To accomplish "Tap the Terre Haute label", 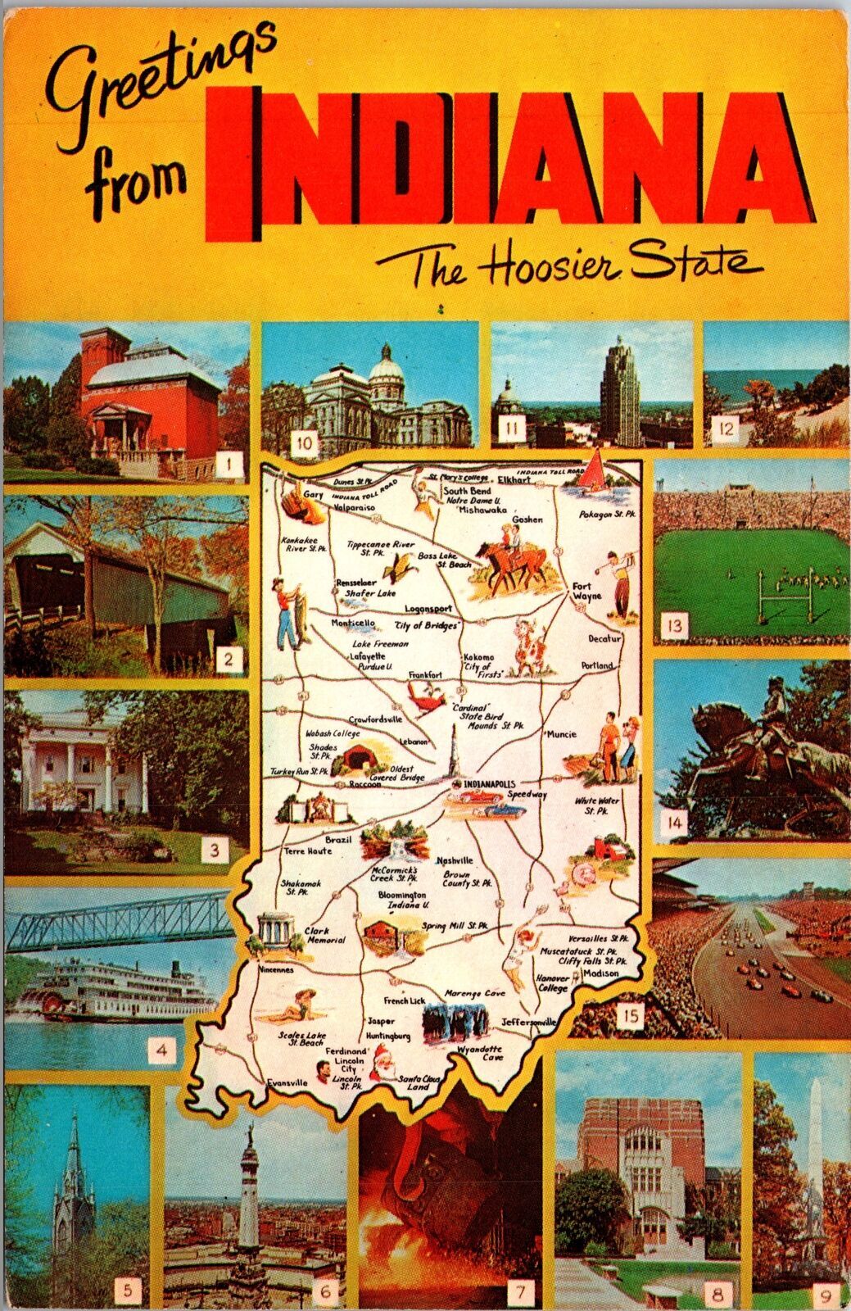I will (308, 851).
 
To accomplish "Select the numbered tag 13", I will (675, 627).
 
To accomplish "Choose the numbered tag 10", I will (303, 445).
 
